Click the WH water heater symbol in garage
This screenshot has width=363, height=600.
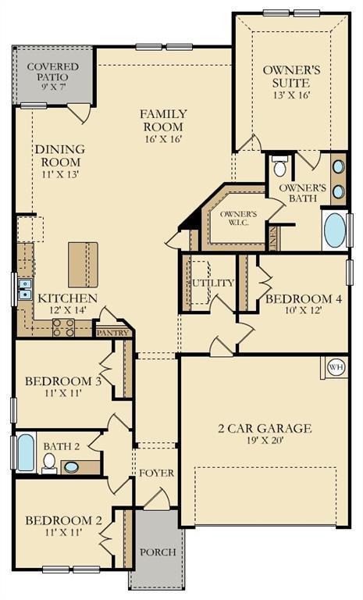click(x=336, y=366)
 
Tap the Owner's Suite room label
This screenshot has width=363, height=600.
click(x=286, y=76)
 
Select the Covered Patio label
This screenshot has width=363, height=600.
click(x=53, y=73)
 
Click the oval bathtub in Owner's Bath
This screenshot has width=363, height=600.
click(x=335, y=230)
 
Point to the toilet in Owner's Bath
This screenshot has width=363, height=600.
click(x=279, y=167)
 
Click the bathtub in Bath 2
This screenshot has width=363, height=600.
click(x=26, y=452)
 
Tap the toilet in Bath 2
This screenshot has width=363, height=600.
click(x=50, y=462)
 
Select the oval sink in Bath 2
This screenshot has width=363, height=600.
click(x=72, y=467)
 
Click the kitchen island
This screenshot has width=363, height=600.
click(x=83, y=265)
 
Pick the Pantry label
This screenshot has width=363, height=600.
click(x=112, y=332)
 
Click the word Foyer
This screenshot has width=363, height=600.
click(x=156, y=473)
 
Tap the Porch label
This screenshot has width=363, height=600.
click(x=157, y=552)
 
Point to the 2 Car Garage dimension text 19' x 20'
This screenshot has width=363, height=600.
click(x=264, y=442)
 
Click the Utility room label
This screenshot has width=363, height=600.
click(x=212, y=283)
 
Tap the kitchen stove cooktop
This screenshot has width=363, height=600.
click(x=63, y=328)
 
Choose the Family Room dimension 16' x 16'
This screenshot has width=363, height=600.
click(x=162, y=141)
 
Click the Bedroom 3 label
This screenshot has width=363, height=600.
click(x=63, y=381)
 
